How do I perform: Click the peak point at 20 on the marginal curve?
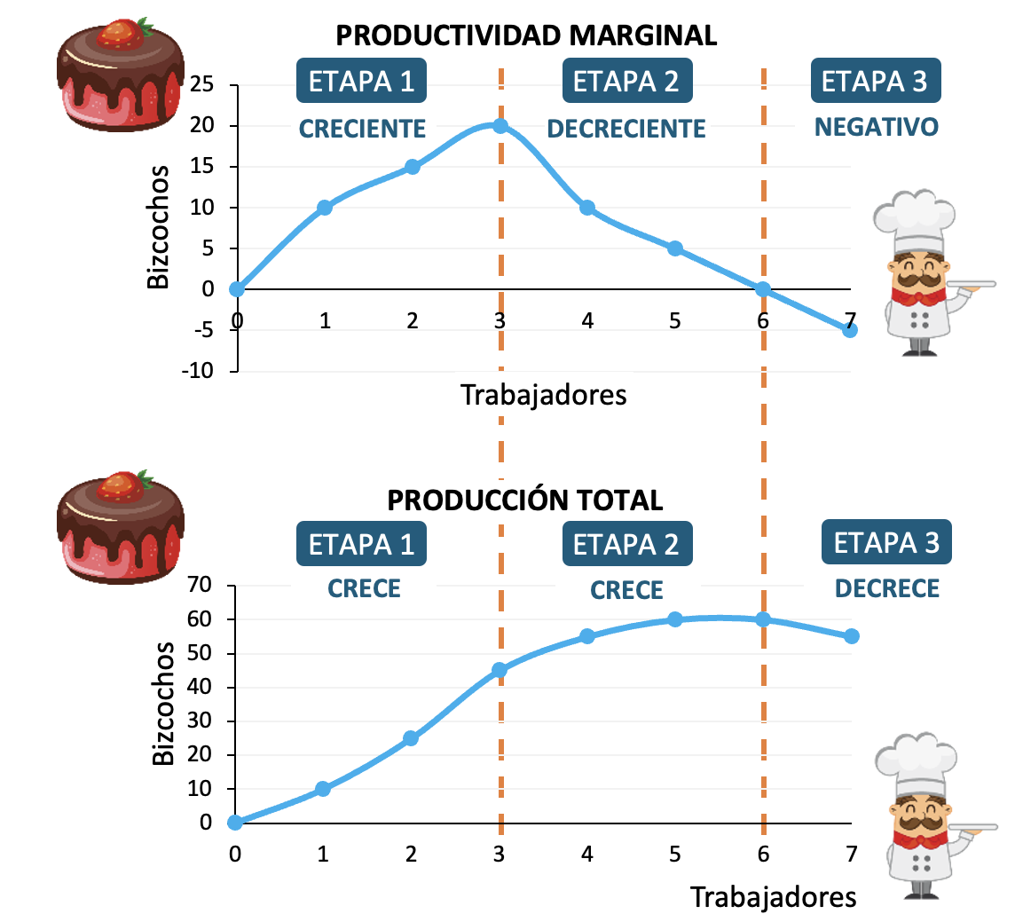(500, 126)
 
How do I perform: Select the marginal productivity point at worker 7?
(850, 330)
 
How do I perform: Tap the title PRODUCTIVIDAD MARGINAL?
(526, 35)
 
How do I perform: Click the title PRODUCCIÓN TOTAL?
(525, 500)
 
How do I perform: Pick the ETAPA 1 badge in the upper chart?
(361, 81)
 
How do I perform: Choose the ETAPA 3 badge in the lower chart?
(886, 542)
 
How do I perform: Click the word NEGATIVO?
(876, 127)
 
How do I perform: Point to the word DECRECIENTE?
(626, 129)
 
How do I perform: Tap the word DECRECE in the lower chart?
(886, 588)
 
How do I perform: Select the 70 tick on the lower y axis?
(201, 586)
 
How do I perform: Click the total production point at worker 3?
(500, 670)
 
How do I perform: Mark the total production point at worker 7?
(851, 636)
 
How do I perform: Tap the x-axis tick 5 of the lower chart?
(674, 854)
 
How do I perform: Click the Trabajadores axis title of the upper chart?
(543, 394)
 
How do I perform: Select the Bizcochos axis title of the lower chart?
(163, 705)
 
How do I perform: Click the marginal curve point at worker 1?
(325, 208)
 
